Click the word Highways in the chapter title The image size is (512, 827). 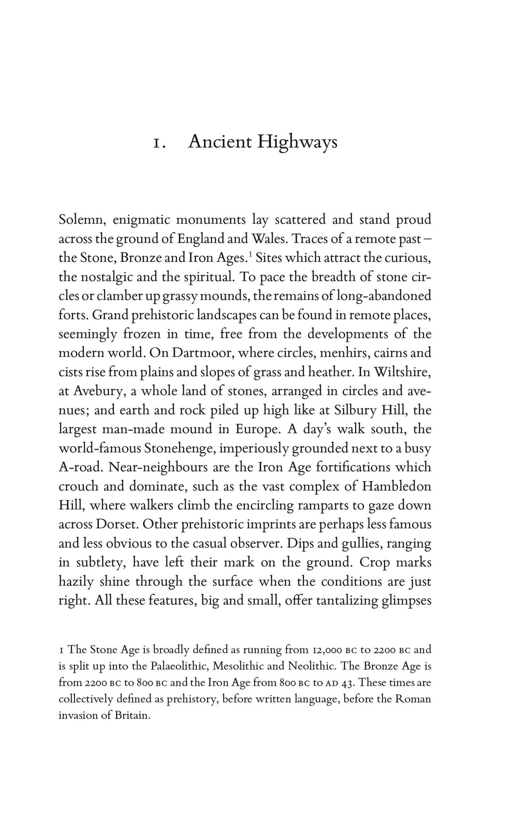(297, 143)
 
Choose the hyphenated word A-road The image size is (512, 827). (80, 468)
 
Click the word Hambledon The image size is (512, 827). (396, 487)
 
